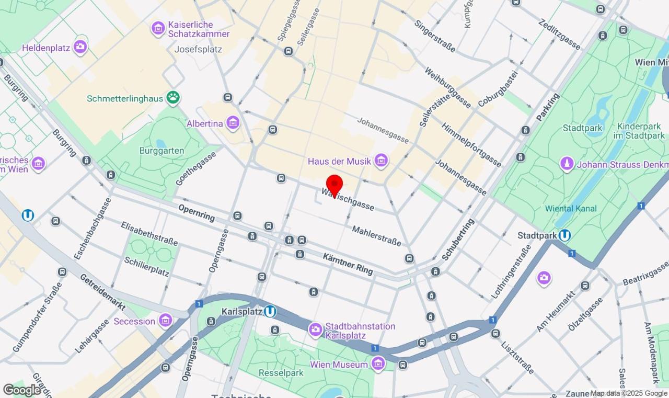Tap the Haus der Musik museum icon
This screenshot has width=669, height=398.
tap(381, 161)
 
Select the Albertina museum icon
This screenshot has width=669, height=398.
tap(233, 123)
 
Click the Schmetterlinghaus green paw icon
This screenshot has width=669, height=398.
tap(173, 97)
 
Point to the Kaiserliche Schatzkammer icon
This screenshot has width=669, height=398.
tap(158, 28)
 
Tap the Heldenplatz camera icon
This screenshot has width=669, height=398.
tap(80, 48)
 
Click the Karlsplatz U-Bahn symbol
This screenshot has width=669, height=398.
tap(270, 312)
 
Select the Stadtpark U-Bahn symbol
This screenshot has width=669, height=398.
tap(564, 235)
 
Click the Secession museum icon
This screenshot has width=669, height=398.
tap(166, 321)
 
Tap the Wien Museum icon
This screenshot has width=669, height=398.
tap(378, 363)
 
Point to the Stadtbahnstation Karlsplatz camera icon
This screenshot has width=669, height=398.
tap(315, 329)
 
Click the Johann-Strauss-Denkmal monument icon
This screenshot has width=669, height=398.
tap(567, 164)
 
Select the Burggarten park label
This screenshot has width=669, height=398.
tap(162, 151)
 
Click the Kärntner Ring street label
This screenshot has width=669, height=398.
tap(348, 264)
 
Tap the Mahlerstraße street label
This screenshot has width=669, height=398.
tap(376, 236)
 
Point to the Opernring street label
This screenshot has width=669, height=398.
tap(197, 212)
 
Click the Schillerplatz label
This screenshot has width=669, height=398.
tap(146, 266)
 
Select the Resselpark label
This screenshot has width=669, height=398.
tap(281, 373)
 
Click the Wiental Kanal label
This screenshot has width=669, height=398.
tap(571, 208)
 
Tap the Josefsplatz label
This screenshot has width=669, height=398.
tap(198, 50)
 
